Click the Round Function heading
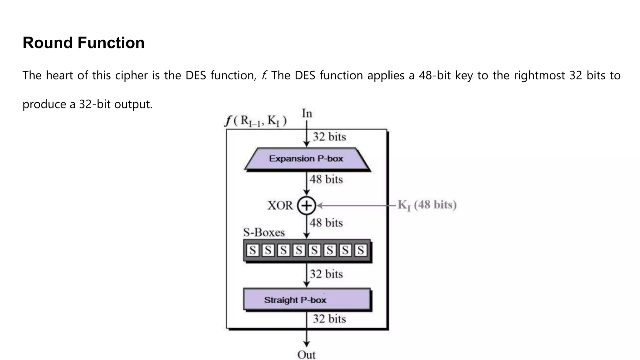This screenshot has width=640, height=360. (83, 43)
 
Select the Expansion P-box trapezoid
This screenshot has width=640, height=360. (307, 159)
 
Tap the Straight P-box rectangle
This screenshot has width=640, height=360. (307, 300)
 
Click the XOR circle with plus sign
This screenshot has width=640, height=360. (307, 206)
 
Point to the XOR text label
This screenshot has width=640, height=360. (280, 206)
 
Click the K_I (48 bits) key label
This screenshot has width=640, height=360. (427, 205)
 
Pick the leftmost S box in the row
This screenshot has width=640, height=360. (253, 250)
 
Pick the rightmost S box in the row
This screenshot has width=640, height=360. (361, 250)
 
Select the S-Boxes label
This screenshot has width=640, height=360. (264, 232)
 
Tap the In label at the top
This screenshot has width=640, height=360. (307, 113)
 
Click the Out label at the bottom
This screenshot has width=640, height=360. (306, 355)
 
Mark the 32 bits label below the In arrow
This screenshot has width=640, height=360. (329, 137)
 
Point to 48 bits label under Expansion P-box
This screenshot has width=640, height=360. (326, 179)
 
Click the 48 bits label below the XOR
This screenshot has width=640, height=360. (326, 223)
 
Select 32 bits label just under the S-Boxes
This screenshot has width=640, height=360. (326, 274)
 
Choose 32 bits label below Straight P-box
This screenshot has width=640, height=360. (329, 319)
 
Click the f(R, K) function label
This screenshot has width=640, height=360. (256, 121)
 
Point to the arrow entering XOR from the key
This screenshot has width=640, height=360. (356, 206)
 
